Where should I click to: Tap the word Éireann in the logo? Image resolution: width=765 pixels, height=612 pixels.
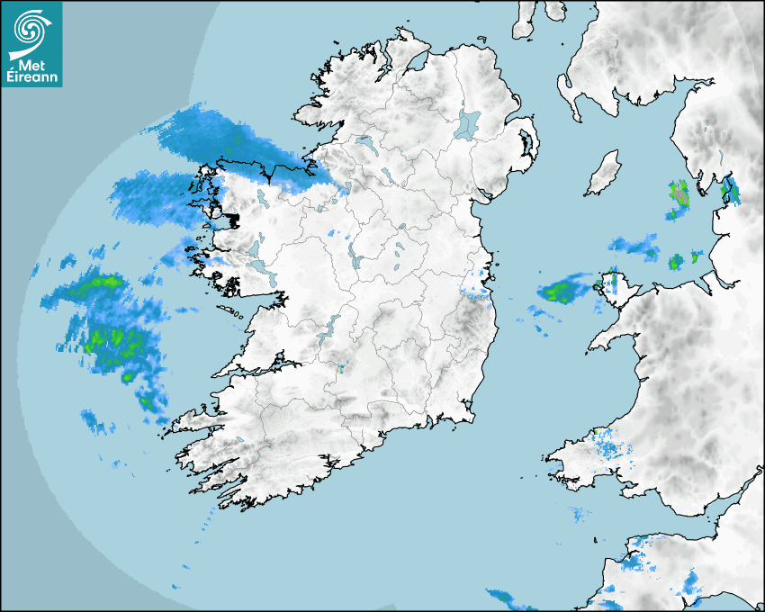coord(32,76)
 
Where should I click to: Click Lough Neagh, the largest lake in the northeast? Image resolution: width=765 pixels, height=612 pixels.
coord(469,123)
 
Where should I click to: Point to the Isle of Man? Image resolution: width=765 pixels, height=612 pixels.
coord(604,174)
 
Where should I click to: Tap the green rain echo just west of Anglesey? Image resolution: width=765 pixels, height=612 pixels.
coord(562,291)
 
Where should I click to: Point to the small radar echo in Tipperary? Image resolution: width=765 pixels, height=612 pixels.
coord(341,367)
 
